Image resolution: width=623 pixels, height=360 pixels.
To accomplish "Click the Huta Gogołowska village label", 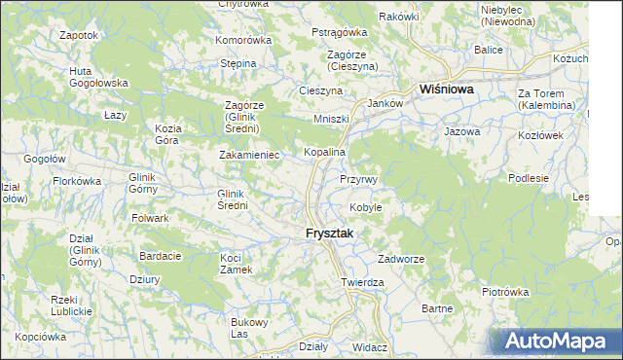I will click(x=99, y=77).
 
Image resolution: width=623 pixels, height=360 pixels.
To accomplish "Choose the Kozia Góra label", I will click(x=168, y=134).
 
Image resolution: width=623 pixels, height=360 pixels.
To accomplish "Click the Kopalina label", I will click(x=324, y=153).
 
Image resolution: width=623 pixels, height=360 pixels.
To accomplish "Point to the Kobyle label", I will click(x=365, y=207).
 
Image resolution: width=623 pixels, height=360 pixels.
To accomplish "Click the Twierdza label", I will click(x=363, y=282).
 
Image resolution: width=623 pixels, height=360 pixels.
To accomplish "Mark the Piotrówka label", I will click(x=504, y=291).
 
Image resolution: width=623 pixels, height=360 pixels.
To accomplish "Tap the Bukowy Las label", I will click(x=246, y=328).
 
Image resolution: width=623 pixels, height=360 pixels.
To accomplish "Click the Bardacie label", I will click(x=161, y=256).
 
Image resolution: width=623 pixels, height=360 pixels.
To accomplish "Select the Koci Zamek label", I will click(x=237, y=264).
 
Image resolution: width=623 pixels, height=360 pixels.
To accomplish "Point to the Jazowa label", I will click(x=461, y=130).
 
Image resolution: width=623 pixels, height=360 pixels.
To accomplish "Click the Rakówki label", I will click(x=398, y=17).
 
